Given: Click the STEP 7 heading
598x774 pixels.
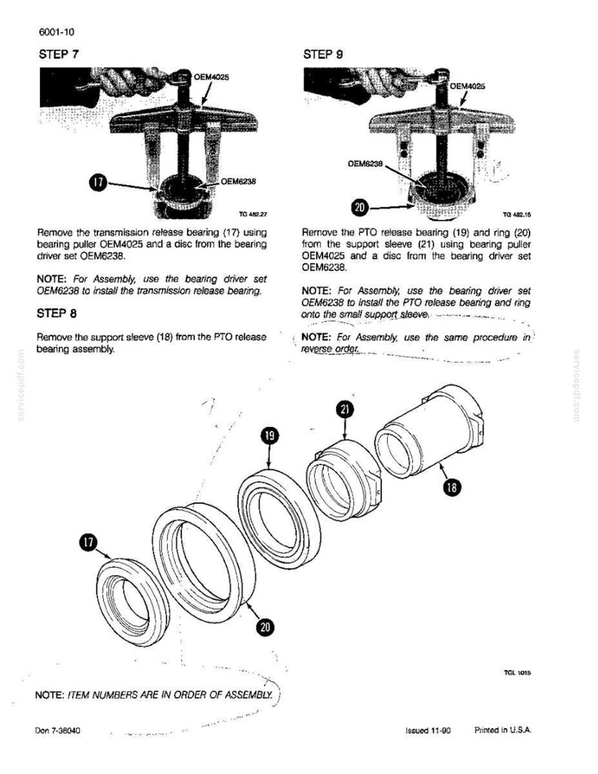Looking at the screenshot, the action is (58, 53).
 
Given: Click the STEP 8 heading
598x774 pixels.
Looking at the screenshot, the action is (56, 313).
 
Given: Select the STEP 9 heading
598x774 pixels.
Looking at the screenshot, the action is (323, 54).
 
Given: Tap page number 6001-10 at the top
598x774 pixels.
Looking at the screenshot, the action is (56, 32).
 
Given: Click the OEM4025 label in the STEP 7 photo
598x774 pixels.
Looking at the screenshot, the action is (212, 77).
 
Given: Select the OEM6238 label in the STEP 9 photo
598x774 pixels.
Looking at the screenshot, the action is (365, 163).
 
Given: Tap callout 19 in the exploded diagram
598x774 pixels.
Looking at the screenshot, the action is (270, 436).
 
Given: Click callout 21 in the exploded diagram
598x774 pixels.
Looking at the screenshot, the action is (345, 410).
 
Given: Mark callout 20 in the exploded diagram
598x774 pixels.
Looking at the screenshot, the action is (266, 626).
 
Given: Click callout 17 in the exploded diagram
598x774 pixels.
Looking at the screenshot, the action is (87, 541).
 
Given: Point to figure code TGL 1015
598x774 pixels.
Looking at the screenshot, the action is (517, 672).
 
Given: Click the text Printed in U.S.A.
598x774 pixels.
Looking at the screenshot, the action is (502, 730).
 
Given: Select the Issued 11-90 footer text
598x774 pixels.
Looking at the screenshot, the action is (428, 730).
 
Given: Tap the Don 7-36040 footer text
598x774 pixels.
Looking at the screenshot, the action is (58, 730).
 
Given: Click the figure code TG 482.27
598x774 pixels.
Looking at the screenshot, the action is (253, 215).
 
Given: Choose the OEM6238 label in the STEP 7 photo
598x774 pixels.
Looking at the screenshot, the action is (239, 181).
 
